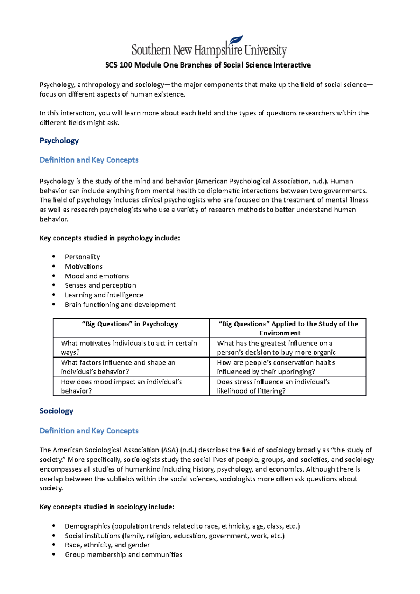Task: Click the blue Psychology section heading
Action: pyautogui.click(x=59, y=141)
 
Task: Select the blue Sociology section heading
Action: pyautogui.click(x=56, y=411)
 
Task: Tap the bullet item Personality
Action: pyautogui.click(x=82, y=257)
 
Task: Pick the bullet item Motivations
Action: pyautogui.click(x=84, y=267)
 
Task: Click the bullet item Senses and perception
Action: pyautogui.click(x=100, y=285)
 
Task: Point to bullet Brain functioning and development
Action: pyautogui.click(x=120, y=305)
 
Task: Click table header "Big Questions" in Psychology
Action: pyautogui.click(x=130, y=324)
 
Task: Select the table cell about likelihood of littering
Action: pyautogui.click(x=273, y=386)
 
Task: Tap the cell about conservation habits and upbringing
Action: pyautogui.click(x=276, y=367)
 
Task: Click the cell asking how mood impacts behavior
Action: pyautogui.click(x=121, y=386)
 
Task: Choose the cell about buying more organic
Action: pyautogui.click(x=276, y=348)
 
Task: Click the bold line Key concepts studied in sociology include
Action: pyautogui.click(x=107, y=507)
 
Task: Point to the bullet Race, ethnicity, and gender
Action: pyautogui.click(x=107, y=545)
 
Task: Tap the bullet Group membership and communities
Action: pyautogui.click(x=124, y=554)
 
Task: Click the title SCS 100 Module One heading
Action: pyautogui.click(x=208, y=65)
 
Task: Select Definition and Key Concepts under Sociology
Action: pyautogui.click(x=89, y=431)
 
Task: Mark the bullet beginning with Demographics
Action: pyautogui.click(x=182, y=526)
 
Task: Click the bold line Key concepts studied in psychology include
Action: pyautogui.click(x=110, y=238)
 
